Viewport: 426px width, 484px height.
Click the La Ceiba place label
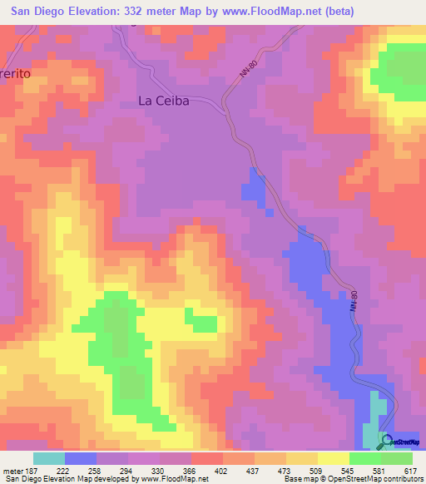pyautogui.click(x=164, y=101)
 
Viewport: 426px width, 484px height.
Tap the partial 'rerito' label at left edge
pyautogui.click(x=15, y=72)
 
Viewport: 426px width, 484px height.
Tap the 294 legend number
pyautogui.click(x=128, y=471)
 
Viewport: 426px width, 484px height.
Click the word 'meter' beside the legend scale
pyautogui.click(x=12, y=471)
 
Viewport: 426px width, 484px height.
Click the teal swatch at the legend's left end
pyautogui.click(x=49, y=458)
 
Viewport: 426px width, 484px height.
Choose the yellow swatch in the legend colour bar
pyautogui.click(x=334, y=458)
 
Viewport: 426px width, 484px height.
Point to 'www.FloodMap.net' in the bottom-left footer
pyautogui.click(x=171, y=480)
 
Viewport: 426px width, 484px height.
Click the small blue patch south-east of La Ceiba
pyautogui.click(x=253, y=188)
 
